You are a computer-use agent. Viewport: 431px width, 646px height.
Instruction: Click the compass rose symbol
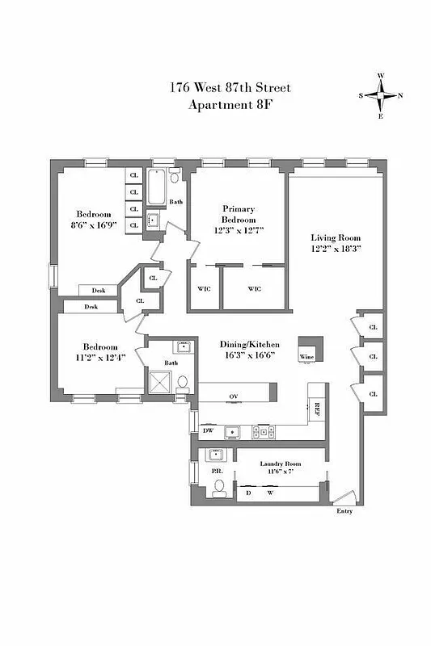[381, 95]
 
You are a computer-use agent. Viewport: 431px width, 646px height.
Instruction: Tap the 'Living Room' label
[336, 237]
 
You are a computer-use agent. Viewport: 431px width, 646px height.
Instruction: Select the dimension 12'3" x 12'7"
[239, 230]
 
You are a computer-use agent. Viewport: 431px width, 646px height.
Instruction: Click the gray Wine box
[307, 350]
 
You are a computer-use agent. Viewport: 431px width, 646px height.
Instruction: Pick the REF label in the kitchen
[317, 409]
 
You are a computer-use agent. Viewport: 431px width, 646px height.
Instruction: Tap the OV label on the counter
[234, 396]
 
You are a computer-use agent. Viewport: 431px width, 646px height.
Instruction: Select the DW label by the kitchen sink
[208, 430]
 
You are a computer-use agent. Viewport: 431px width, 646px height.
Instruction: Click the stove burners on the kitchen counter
[264, 431]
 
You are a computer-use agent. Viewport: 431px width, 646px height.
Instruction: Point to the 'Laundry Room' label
[280, 464]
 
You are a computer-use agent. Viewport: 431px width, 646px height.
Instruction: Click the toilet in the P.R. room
[218, 487]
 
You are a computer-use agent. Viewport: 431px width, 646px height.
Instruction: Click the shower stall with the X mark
[158, 380]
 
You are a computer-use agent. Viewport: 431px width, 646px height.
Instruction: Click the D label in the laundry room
[248, 492]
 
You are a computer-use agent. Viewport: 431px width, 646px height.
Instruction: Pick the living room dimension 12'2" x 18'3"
[336, 249]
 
